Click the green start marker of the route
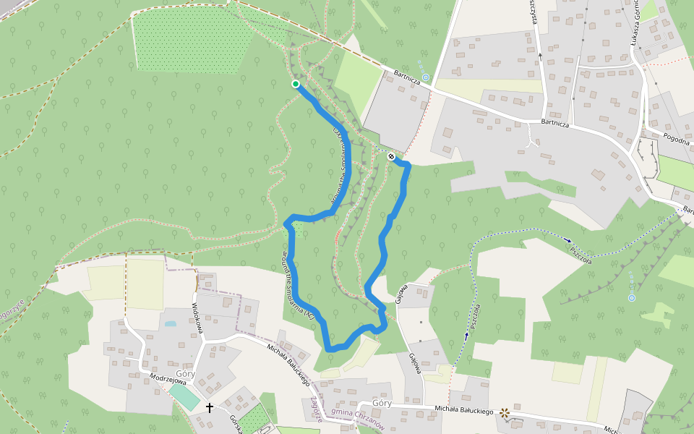pos(296,85)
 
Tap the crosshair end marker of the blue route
pos(391,156)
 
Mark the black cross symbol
pos(210,407)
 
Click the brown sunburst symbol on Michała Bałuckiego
pos(505,413)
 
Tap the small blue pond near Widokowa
pos(170,323)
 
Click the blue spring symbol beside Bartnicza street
pos(426,77)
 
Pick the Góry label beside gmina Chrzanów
pos(382,403)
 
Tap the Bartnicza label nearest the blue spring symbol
pos(407,77)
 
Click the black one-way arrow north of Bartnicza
pos(539,54)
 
